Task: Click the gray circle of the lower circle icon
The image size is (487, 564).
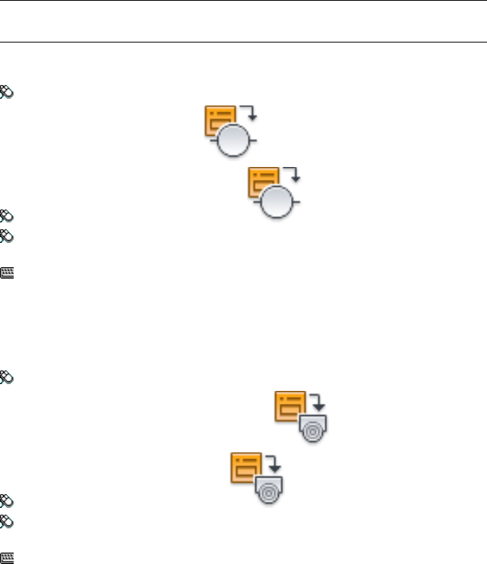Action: tap(277, 203)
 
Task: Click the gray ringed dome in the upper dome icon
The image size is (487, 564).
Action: tap(313, 429)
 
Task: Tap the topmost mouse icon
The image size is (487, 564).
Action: tap(7, 90)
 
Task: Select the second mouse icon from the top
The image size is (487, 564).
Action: tap(7, 216)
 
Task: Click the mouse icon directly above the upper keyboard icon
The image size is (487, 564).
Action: tap(7, 236)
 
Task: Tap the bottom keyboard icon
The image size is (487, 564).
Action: tap(7, 556)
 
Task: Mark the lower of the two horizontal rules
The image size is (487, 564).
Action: tap(243, 42)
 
